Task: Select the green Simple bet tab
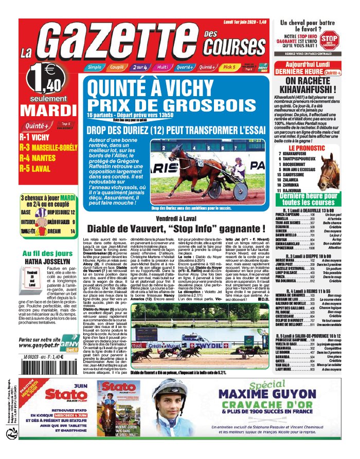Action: point(95,67)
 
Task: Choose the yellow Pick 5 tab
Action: point(244,67)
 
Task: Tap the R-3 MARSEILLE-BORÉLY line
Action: point(47,147)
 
